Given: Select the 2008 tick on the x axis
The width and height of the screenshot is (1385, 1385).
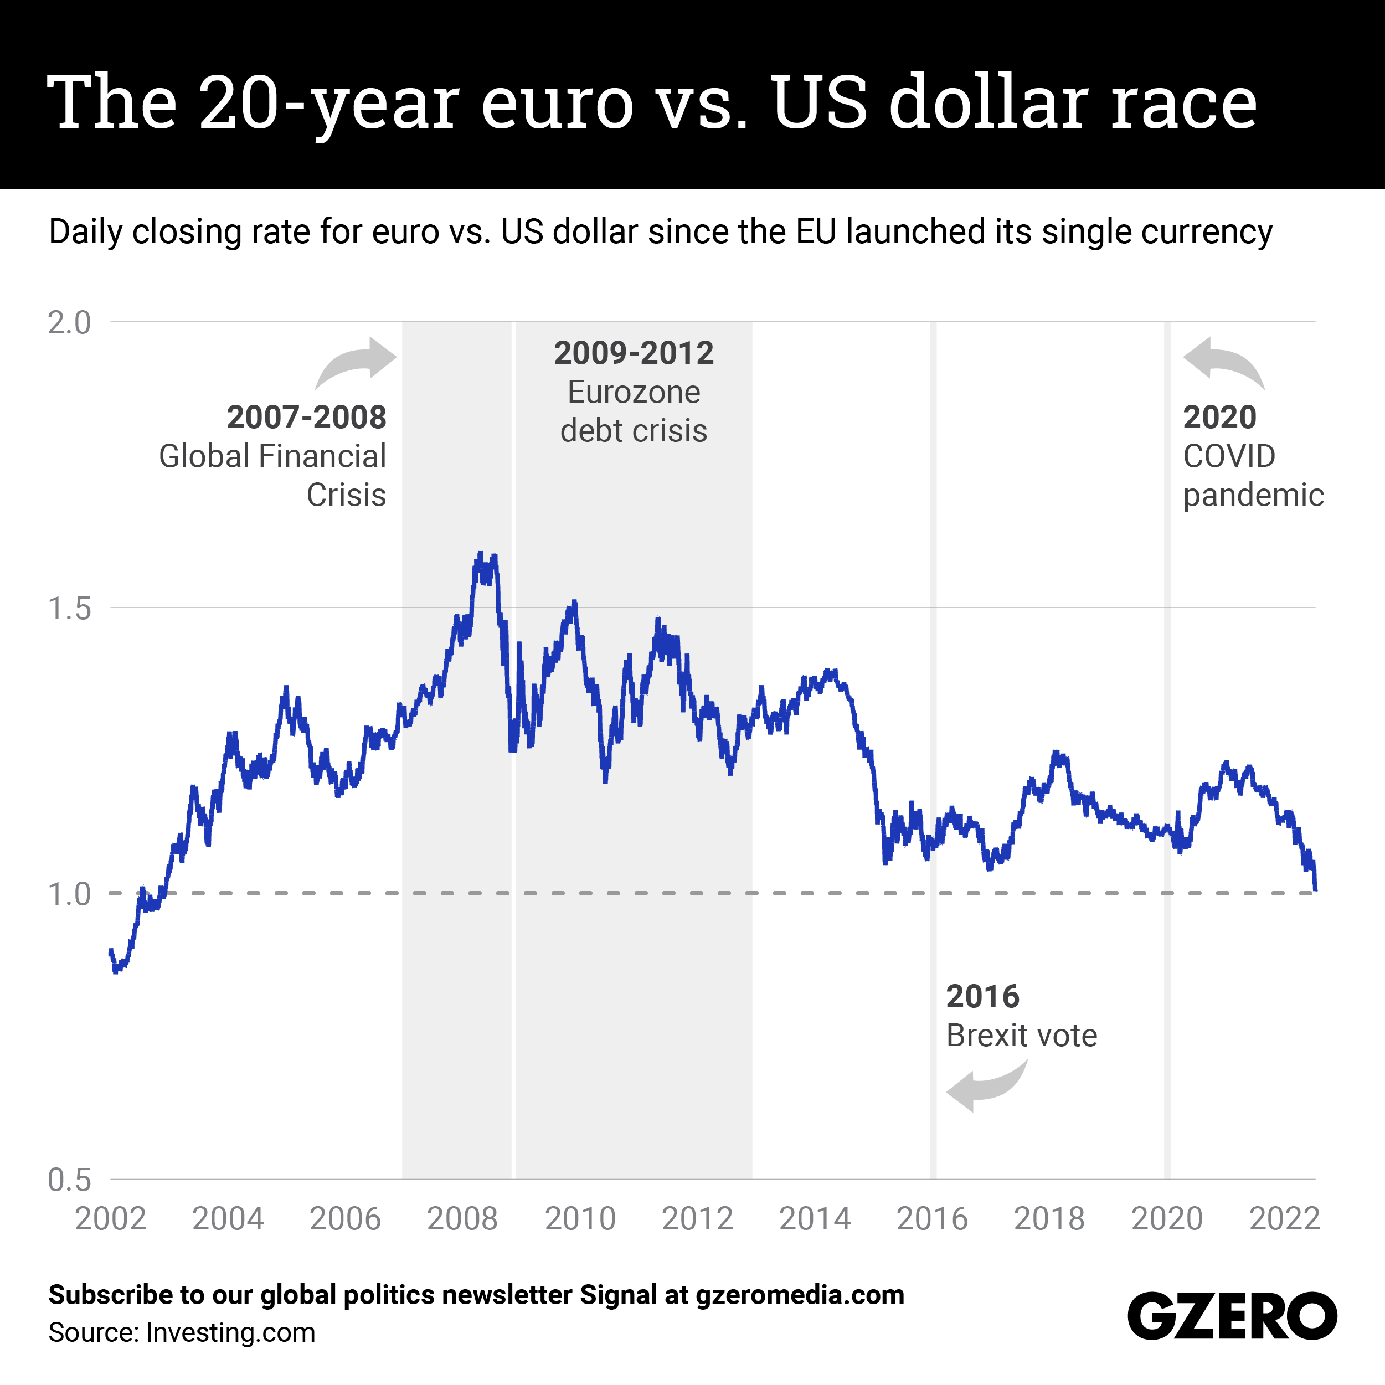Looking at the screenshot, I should pos(462,1219).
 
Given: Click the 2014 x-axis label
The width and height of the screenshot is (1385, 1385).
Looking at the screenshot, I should pos(815,1219).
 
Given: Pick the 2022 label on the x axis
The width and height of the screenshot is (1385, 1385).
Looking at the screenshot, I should pos(1284,1219).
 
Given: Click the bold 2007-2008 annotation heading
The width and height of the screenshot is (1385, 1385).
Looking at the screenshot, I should pos(306,417).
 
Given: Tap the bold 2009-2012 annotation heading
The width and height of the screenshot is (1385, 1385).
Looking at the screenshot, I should pos(634,353).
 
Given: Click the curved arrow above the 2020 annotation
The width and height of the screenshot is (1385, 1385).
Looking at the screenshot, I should pos(1223,362).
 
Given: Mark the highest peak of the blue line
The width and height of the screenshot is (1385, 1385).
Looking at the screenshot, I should pos(480,553).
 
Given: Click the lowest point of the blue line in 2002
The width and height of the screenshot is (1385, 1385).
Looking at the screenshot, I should pos(115,972).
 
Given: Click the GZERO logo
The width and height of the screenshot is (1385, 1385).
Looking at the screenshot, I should pos(1232,1316).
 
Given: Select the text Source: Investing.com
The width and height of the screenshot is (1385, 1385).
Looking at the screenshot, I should pos(182,1333).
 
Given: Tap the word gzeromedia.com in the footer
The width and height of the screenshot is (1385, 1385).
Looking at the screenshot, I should pos(799,1295).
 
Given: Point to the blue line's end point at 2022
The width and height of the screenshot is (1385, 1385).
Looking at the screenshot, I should pos(1315,889).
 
